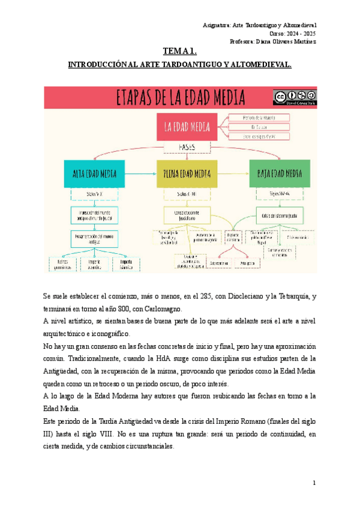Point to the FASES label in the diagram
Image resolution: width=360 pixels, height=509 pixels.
[x=187, y=147]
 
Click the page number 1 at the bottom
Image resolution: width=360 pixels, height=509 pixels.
[x=314, y=483]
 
